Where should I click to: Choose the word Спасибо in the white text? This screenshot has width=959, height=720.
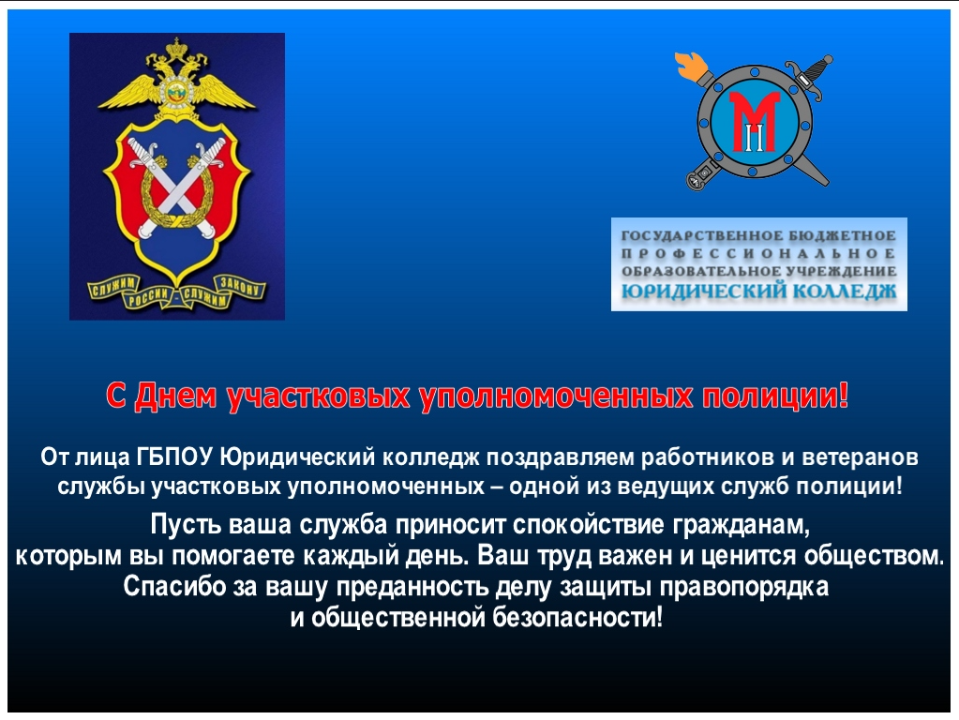click(x=175, y=587)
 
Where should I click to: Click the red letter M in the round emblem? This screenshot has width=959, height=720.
click(x=756, y=121)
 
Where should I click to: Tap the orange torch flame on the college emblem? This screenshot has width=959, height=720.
click(x=692, y=66)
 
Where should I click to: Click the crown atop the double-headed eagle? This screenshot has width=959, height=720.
click(x=177, y=47)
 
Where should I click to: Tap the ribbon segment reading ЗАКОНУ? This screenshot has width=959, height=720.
click(x=240, y=286)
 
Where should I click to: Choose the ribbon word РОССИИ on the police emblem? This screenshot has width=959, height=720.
click(x=148, y=296)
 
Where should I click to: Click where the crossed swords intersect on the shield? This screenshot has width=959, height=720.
click(x=177, y=188)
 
